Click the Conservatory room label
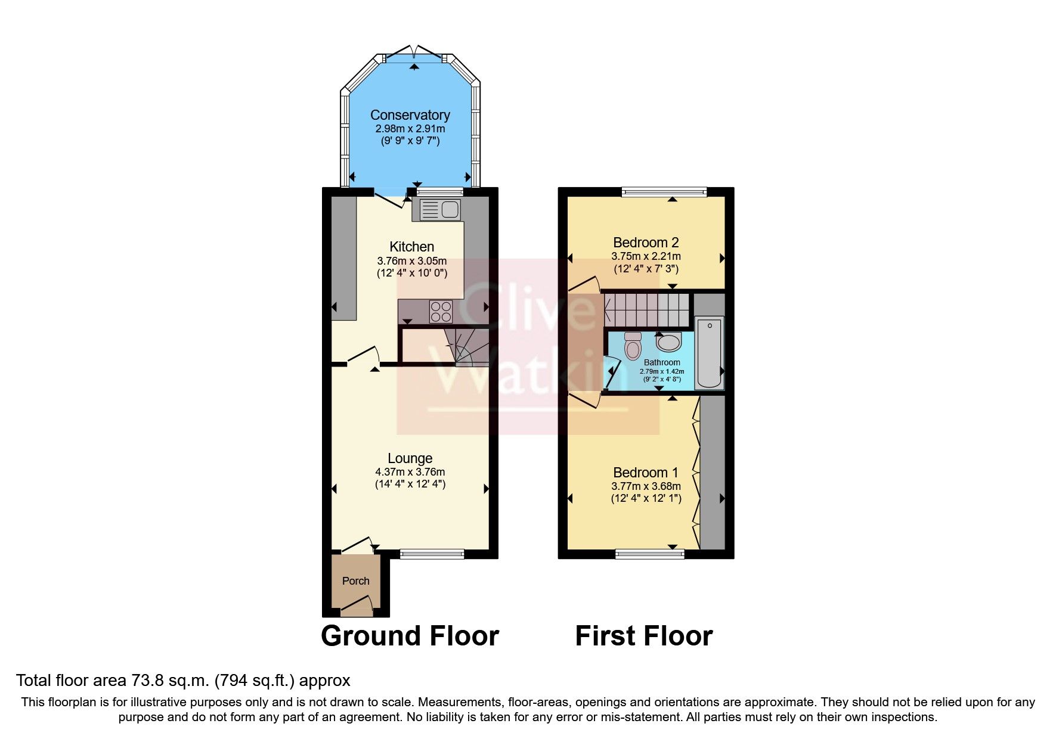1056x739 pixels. point(410,115)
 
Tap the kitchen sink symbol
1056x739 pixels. point(440,210)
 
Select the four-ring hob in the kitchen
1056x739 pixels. point(441,312)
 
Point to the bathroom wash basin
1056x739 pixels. point(669,342)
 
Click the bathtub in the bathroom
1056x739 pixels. point(709,353)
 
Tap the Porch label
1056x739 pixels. point(355,581)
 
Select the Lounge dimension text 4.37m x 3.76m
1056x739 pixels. point(410,472)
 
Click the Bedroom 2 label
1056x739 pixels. point(646,243)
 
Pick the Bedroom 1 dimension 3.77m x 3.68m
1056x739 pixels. point(646,486)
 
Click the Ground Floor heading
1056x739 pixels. point(410,636)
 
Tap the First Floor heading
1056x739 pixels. point(643,636)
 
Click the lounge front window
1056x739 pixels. point(432,554)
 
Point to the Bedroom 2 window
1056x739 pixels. point(664,192)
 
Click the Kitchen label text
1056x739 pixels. point(411,247)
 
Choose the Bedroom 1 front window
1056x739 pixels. point(650,554)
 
